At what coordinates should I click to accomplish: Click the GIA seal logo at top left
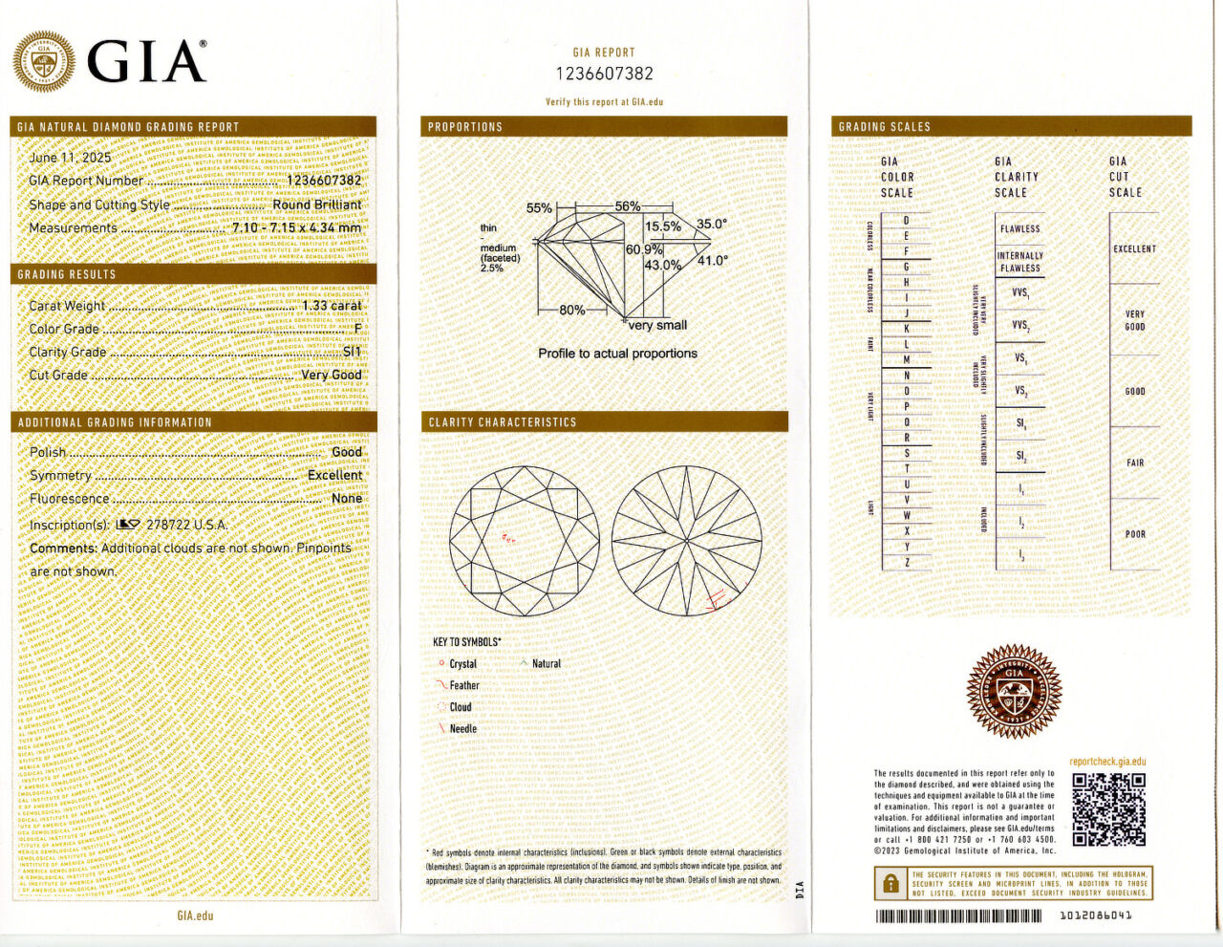point(43,62)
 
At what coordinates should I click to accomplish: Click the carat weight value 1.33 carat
point(332,306)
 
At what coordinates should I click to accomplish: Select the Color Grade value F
point(357,329)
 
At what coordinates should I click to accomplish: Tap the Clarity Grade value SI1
point(352,352)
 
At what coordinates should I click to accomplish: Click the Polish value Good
point(347,452)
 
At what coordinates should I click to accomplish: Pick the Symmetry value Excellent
point(334,475)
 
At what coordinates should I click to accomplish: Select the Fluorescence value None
point(347,498)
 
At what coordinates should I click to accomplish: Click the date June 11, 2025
point(70,158)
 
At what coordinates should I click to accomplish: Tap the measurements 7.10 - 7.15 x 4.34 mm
point(296,228)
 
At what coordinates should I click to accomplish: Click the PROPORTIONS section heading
point(465,126)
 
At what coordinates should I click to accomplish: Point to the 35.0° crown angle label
point(711,225)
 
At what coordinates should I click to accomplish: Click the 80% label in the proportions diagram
point(572,311)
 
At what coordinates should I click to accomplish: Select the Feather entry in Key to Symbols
point(464,685)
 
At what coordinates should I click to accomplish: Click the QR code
point(1108,809)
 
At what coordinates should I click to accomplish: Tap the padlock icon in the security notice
point(890,883)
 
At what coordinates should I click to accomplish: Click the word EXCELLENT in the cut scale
point(1134,248)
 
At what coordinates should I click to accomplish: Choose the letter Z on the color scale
point(907,562)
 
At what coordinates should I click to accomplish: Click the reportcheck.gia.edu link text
point(1107,762)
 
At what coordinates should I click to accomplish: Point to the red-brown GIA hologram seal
point(1014,691)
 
